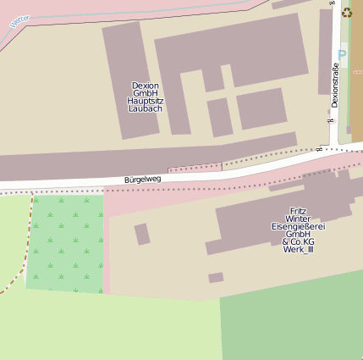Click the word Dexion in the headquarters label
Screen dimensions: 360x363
tap(146, 86)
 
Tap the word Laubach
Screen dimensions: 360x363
tap(146, 109)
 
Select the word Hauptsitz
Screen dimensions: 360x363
tap(146, 102)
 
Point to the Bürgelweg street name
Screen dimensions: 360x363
tap(142, 179)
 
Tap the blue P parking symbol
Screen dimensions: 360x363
tap(342, 55)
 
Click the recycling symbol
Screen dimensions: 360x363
tap(346, 12)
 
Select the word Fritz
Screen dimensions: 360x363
tap(298, 211)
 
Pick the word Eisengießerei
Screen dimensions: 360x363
tap(298, 226)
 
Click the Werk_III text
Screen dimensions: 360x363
tap(298, 249)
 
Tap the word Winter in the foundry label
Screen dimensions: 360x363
tap(298, 219)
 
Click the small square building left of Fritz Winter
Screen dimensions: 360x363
tap(142, 234)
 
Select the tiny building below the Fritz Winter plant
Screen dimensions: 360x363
tap(216, 277)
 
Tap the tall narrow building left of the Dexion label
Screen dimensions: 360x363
tap(123, 80)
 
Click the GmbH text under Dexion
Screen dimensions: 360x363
tap(146, 93)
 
